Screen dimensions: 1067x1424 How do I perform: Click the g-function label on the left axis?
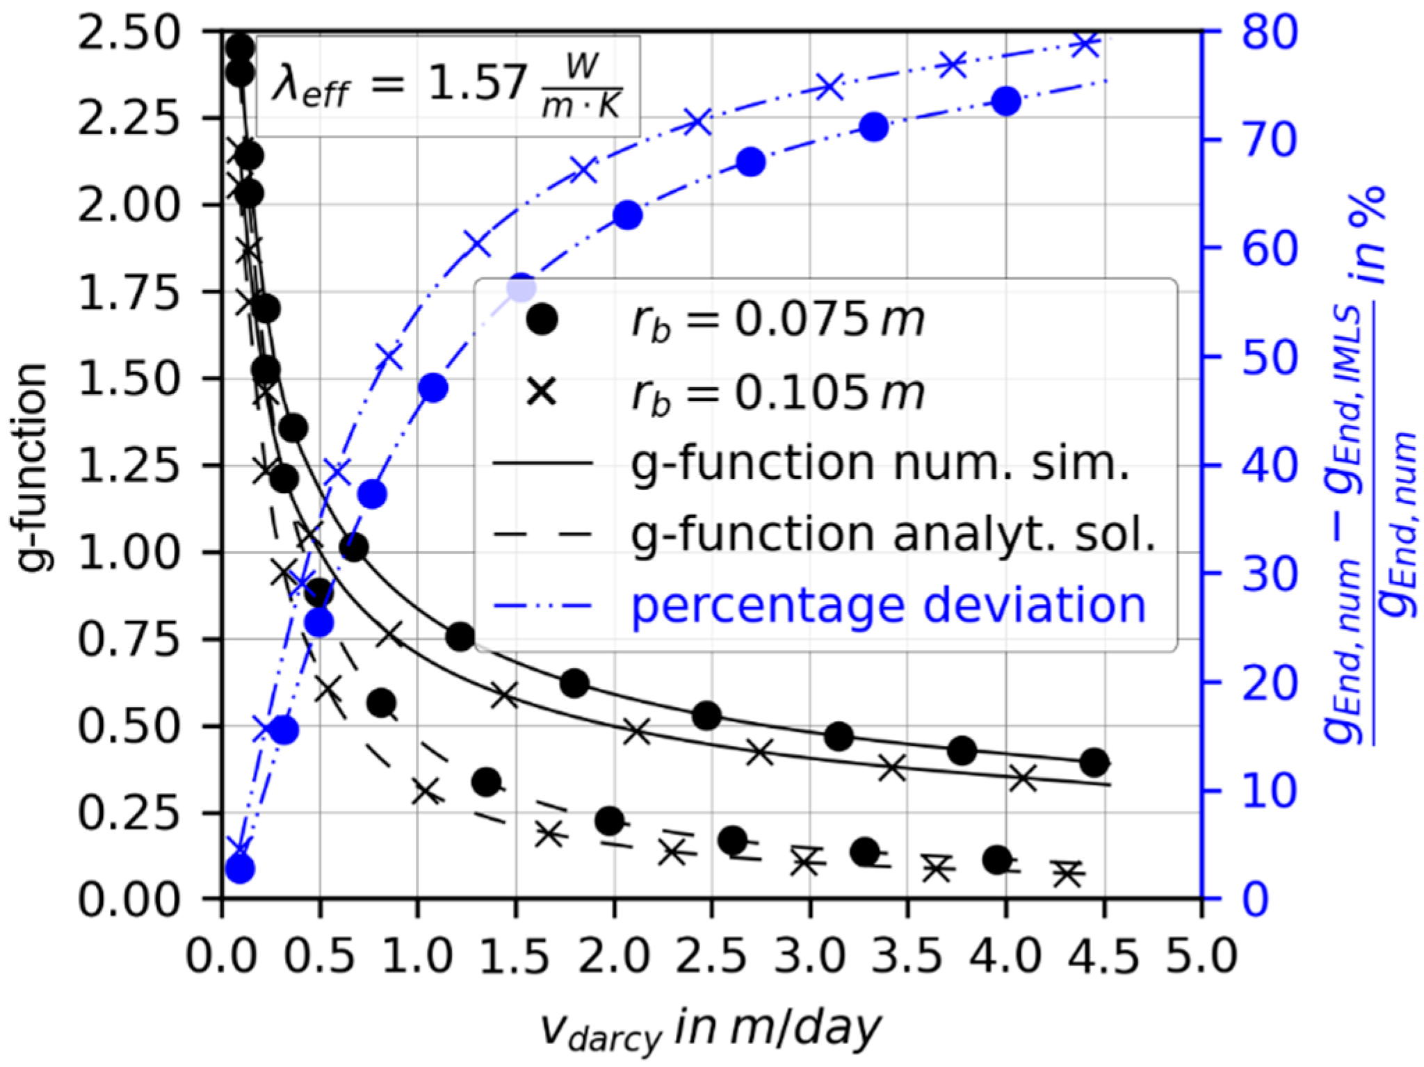[31, 466]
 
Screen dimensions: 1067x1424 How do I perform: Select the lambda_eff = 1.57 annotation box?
[448, 87]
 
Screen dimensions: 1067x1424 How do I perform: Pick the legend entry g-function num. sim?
[879, 464]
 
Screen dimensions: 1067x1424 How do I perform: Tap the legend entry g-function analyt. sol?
[893, 535]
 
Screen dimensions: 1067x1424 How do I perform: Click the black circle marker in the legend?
[542, 320]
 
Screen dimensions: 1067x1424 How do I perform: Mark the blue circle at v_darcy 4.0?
[1005, 102]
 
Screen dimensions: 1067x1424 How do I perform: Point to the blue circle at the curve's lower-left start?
[240, 868]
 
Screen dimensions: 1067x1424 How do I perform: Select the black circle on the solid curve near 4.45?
[1094, 762]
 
